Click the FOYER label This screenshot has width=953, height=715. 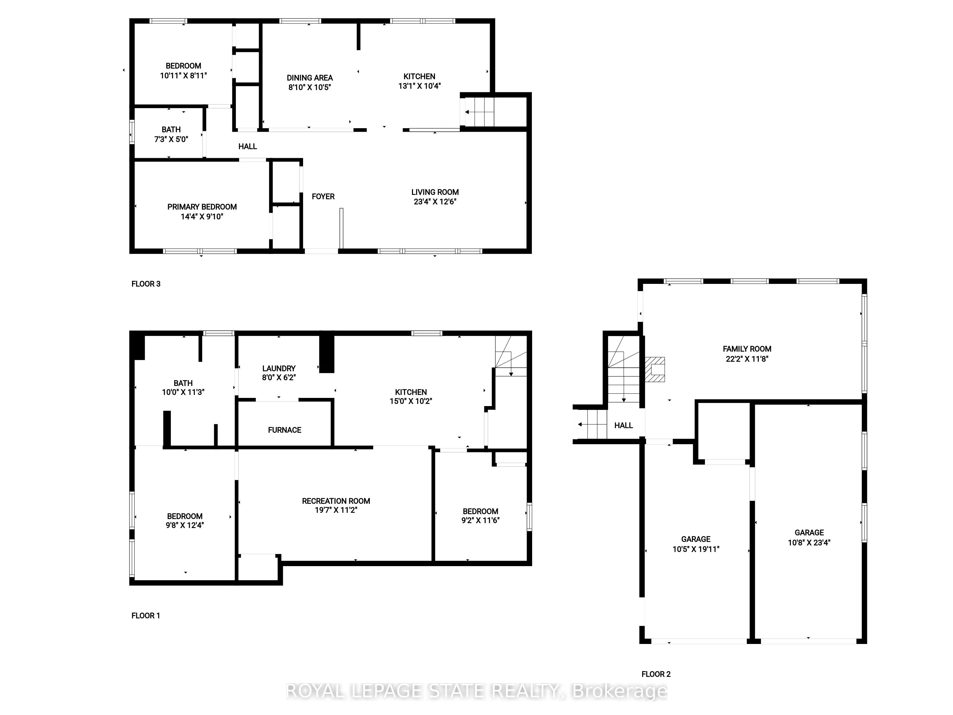click(323, 197)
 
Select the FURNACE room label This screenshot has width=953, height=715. click(284, 430)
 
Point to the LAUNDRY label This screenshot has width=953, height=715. click(279, 369)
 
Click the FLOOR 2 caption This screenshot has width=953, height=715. click(656, 674)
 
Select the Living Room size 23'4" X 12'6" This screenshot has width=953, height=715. click(435, 202)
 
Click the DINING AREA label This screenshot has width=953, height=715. click(310, 78)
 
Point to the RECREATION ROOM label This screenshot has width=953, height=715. click(336, 501)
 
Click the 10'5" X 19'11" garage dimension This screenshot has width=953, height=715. click(696, 549)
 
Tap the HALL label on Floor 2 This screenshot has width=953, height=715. click(624, 425)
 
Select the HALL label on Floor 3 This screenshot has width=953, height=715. click(248, 146)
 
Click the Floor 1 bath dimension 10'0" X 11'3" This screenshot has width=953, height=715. click(183, 392)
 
